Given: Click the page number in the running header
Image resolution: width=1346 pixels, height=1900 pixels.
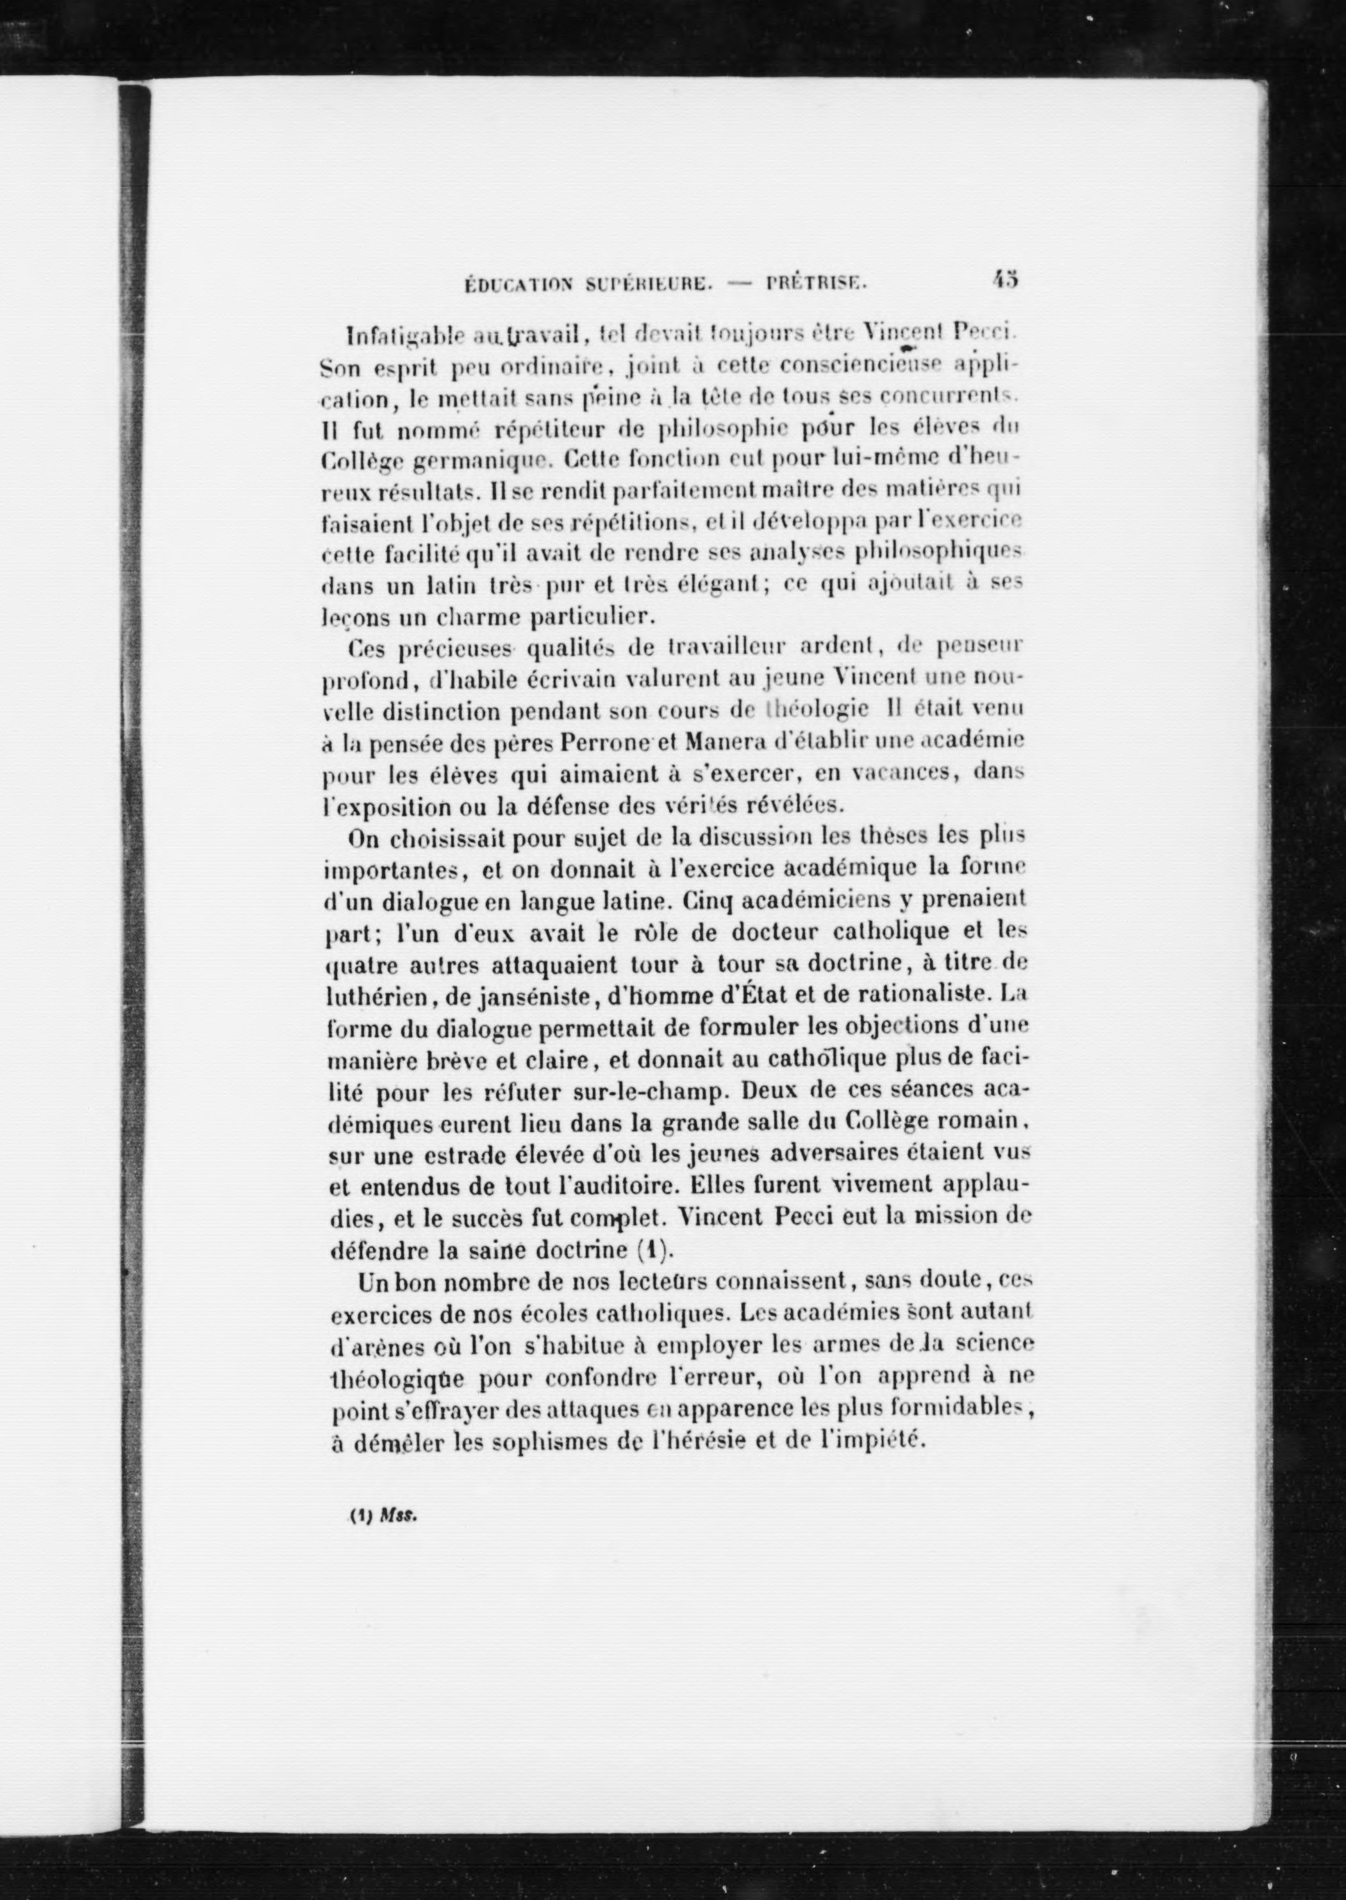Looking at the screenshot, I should (1004, 279).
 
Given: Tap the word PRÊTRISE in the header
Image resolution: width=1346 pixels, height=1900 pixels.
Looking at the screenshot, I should (817, 283).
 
